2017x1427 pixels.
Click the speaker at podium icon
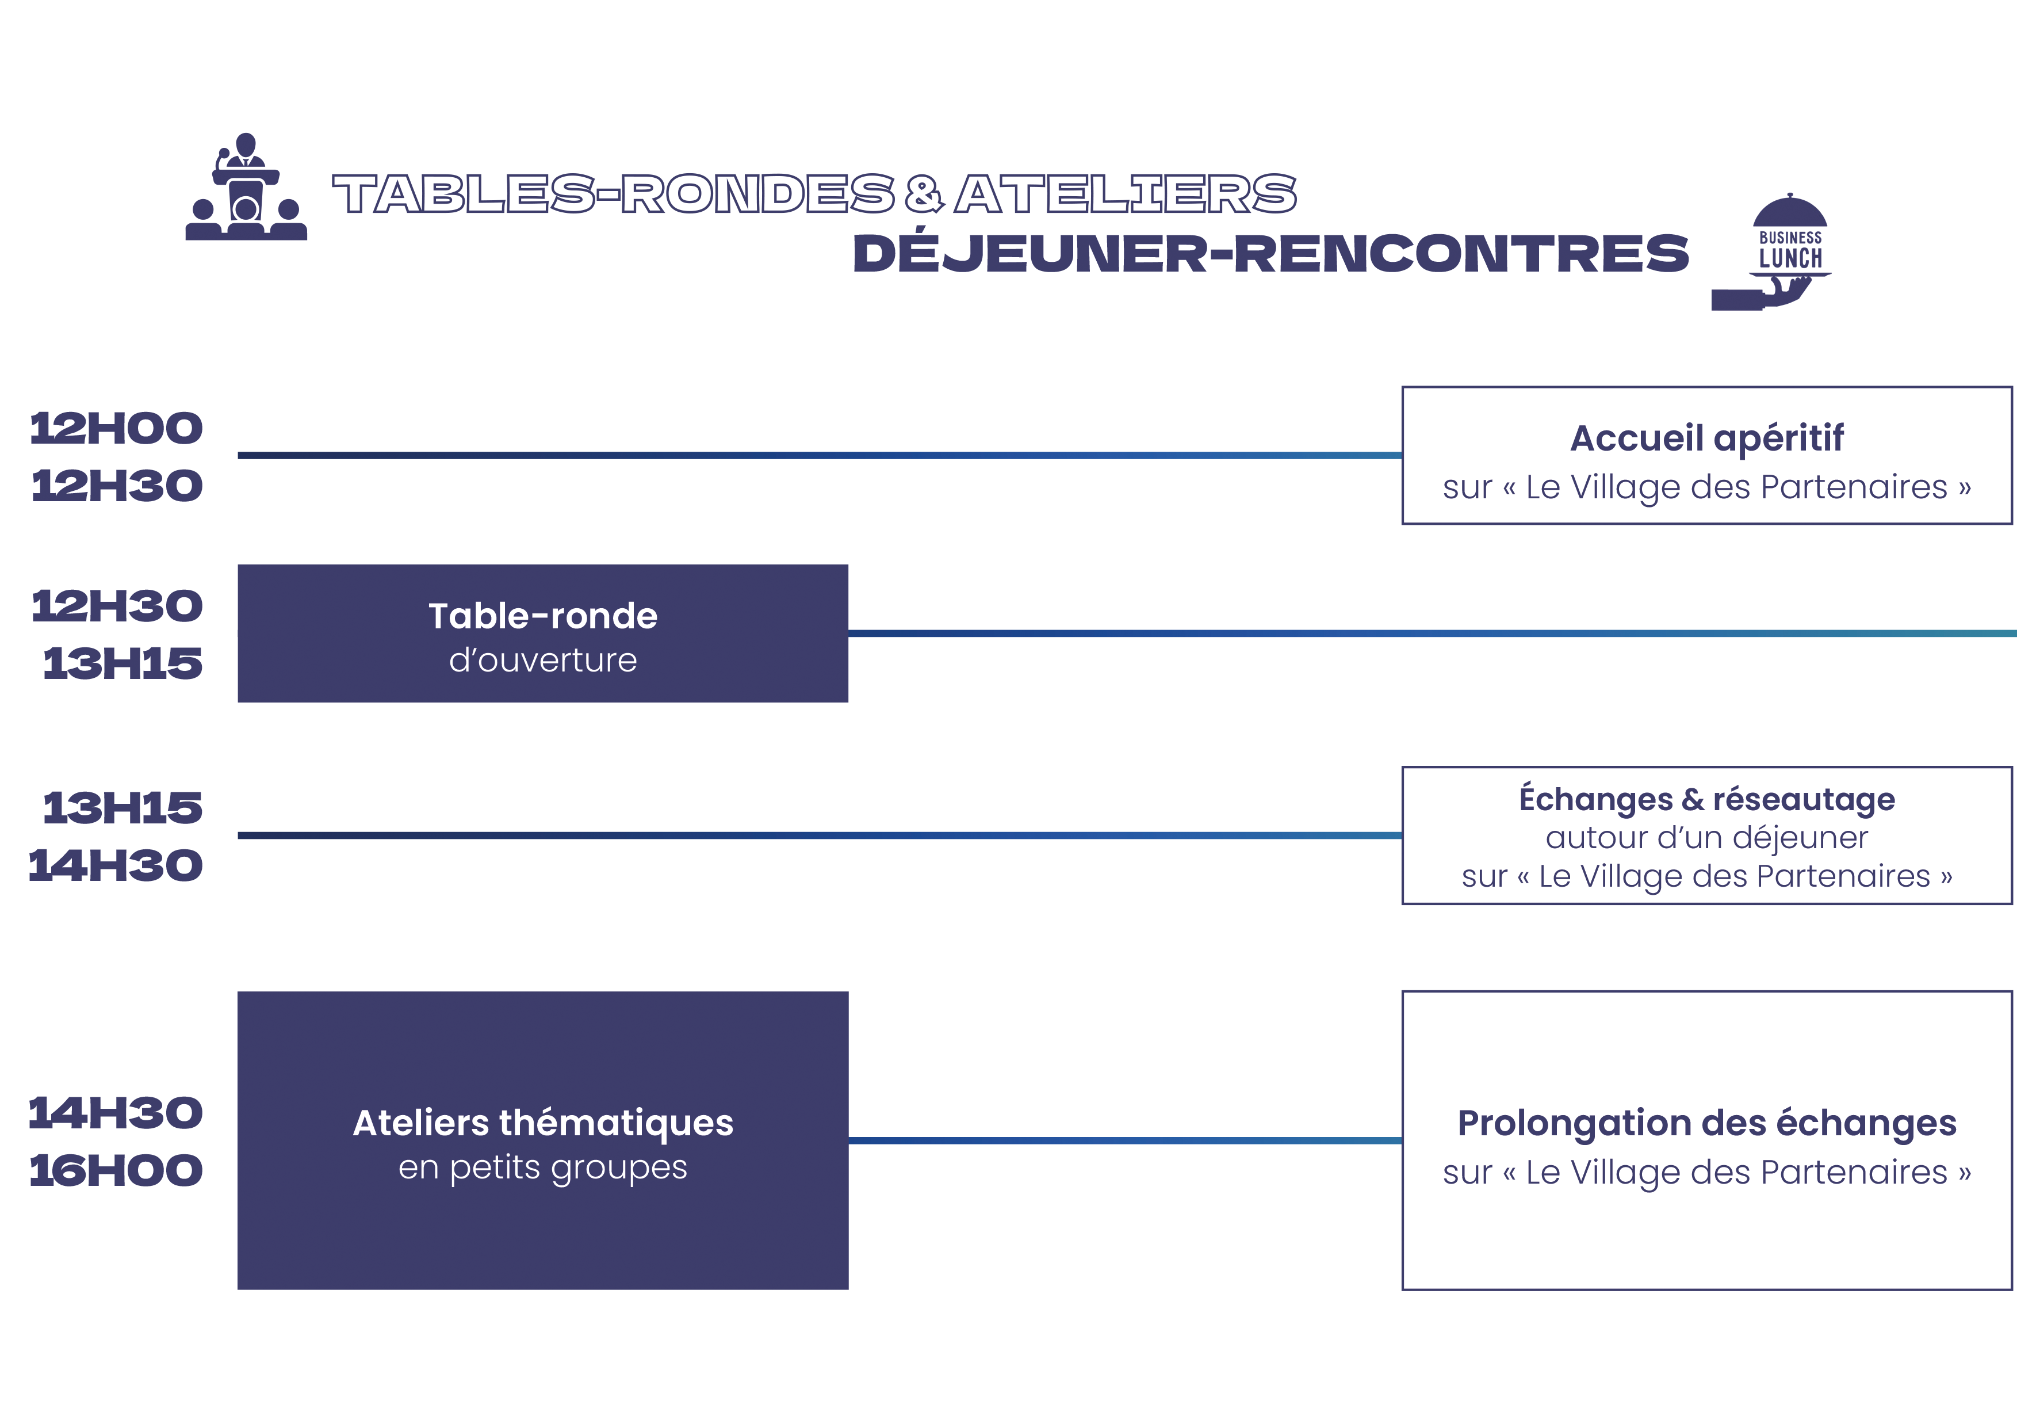(246, 186)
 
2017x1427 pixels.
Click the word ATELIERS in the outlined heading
(1126, 193)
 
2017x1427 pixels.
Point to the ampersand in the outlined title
(924, 194)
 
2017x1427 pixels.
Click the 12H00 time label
(117, 429)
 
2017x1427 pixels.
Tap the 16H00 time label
(117, 1170)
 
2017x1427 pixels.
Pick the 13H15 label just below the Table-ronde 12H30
(123, 663)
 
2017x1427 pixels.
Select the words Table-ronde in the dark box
(543, 616)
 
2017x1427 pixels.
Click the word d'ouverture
(543, 660)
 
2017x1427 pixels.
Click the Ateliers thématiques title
(543, 1123)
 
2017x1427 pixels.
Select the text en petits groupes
(543, 1169)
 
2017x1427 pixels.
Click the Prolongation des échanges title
(1707, 1123)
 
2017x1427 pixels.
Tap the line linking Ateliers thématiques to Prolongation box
(1126, 1140)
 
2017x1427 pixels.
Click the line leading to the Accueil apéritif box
(820, 455)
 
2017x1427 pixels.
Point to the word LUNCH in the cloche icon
(1790, 258)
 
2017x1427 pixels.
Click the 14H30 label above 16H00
(117, 1113)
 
